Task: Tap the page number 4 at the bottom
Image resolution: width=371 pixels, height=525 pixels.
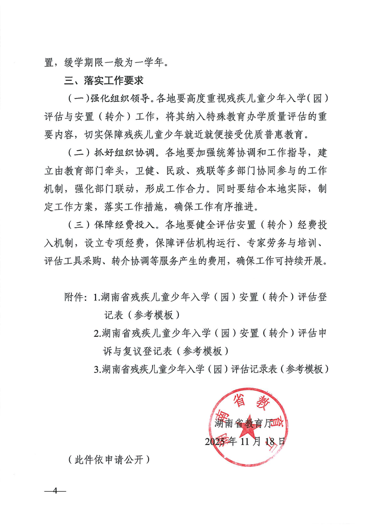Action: coord(55,491)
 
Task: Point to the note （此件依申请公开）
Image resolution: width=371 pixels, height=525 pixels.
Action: coord(109,459)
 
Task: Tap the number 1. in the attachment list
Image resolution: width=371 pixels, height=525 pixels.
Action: coord(97,297)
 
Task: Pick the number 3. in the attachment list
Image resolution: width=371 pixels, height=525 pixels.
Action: coord(97,369)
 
